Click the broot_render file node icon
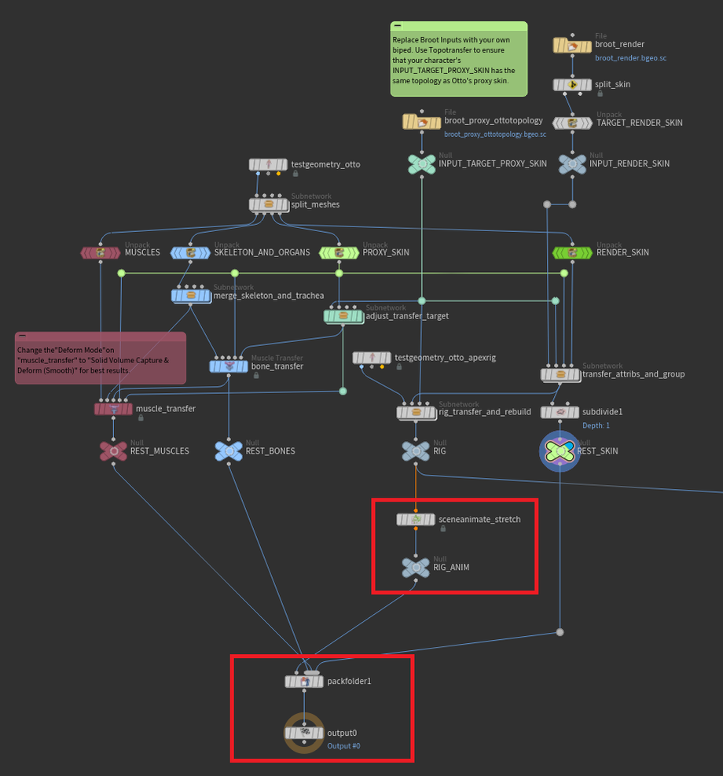point(572,46)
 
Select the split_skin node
point(572,85)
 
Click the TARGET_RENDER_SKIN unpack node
point(572,123)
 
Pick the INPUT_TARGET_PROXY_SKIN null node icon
point(422,164)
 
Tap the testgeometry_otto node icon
point(268,164)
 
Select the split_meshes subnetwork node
point(268,205)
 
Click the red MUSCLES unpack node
point(101,253)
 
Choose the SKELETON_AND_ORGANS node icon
point(190,253)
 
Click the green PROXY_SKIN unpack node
point(339,253)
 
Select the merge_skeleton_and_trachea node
point(190,296)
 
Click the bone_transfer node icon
point(228,366)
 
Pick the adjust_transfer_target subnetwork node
point(343,316)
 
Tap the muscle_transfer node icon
point(113,409)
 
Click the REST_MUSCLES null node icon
point(113,451)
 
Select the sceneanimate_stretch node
point(416,520)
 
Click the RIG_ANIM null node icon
point(416,568)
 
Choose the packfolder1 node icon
point(304,682)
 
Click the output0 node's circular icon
point(303,734)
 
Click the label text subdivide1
point(603,411)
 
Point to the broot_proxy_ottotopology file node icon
point(422,122)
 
